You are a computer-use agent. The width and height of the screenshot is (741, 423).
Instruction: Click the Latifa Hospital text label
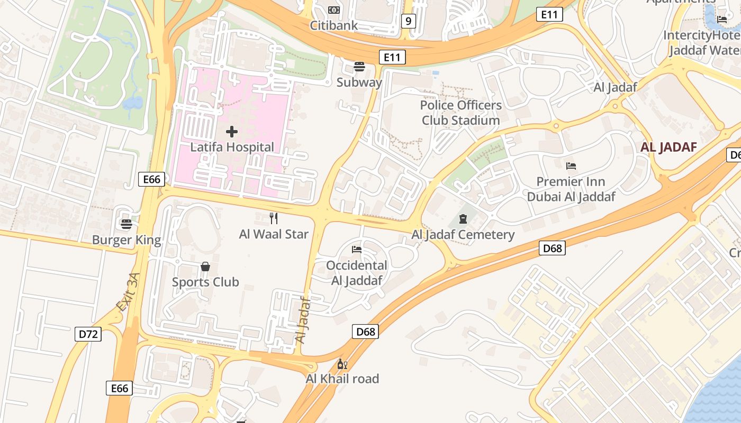point(232,147)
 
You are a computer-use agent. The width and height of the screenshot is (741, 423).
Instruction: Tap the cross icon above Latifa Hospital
point(232,132)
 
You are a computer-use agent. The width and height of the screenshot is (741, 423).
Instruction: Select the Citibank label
point(333,25)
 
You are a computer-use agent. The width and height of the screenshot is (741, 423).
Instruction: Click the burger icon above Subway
point(359,67)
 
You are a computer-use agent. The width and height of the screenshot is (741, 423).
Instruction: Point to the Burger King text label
point(126,240)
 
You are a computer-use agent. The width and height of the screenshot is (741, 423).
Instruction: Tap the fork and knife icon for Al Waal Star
point(274,218)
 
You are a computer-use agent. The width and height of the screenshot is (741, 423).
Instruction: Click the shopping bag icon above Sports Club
point(205,266)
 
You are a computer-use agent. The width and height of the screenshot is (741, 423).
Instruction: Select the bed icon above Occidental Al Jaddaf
point(357,250)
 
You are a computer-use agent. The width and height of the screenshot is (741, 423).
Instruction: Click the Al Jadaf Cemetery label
point(463,235)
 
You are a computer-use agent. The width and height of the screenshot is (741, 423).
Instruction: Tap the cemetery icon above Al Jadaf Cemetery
point(463,219)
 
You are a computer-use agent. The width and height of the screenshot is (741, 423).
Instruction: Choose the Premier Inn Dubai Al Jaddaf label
point(571,189)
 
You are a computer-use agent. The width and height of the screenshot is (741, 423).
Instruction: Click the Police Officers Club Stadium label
point(461,113)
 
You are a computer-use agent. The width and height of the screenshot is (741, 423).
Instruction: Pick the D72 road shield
point(88,334)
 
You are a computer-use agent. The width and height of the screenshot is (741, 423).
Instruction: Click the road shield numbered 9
point(408,21)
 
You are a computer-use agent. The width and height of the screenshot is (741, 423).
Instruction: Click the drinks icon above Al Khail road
point(342,364)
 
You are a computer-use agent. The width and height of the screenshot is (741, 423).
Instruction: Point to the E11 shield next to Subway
point(392,57)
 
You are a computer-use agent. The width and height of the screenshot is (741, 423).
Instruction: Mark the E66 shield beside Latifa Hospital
point(151,179)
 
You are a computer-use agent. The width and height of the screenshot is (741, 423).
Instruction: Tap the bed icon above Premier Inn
point(571,166)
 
